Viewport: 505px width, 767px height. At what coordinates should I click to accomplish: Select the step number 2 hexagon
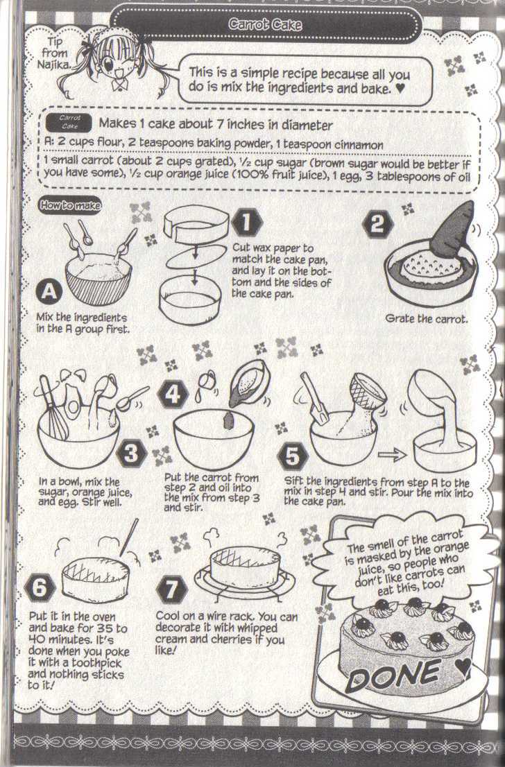pyautogui.click(x=377, y=225)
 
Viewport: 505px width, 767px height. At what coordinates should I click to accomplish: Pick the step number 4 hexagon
pyautogui.click(x=173, y=395)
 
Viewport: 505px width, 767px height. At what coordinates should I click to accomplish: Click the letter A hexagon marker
pyautogui.click(x=49, y=291)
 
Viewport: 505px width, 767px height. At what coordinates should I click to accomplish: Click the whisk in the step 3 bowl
pyautogui.click(x=54, y=408)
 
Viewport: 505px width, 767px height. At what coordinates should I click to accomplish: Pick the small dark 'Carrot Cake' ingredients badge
pyautogui.click(x=69, y=123)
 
